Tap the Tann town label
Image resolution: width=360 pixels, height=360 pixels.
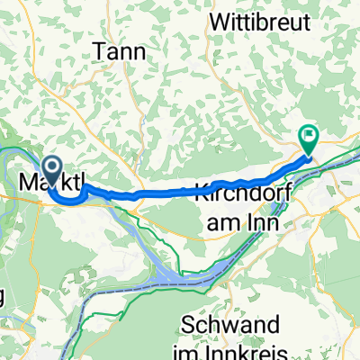click(121, 52)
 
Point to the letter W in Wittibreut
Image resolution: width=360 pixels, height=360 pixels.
click(218, 18)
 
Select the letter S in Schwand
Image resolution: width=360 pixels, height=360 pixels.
click(189, 323)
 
